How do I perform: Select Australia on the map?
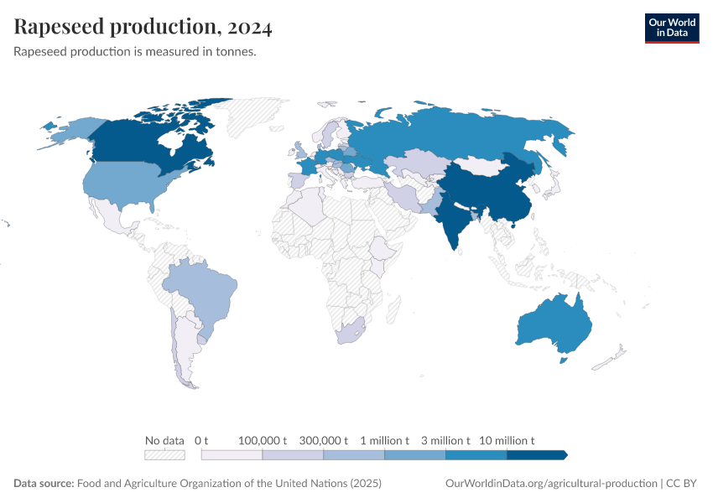pos(554,327)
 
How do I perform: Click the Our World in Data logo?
pos(671,28)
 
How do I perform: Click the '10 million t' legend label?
pos(507,440)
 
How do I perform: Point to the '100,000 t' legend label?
pos(263,440)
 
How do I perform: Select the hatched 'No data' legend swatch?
pos(164,455)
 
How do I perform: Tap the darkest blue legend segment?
pos(537,455)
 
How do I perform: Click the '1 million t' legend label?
pos(384,440)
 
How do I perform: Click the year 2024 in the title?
pos(250,28)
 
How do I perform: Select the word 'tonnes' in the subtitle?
pos(234,52)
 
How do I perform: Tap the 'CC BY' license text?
pos(683,484)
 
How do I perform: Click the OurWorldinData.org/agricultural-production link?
pos(551,484)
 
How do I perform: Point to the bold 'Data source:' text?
pos(44,484)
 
